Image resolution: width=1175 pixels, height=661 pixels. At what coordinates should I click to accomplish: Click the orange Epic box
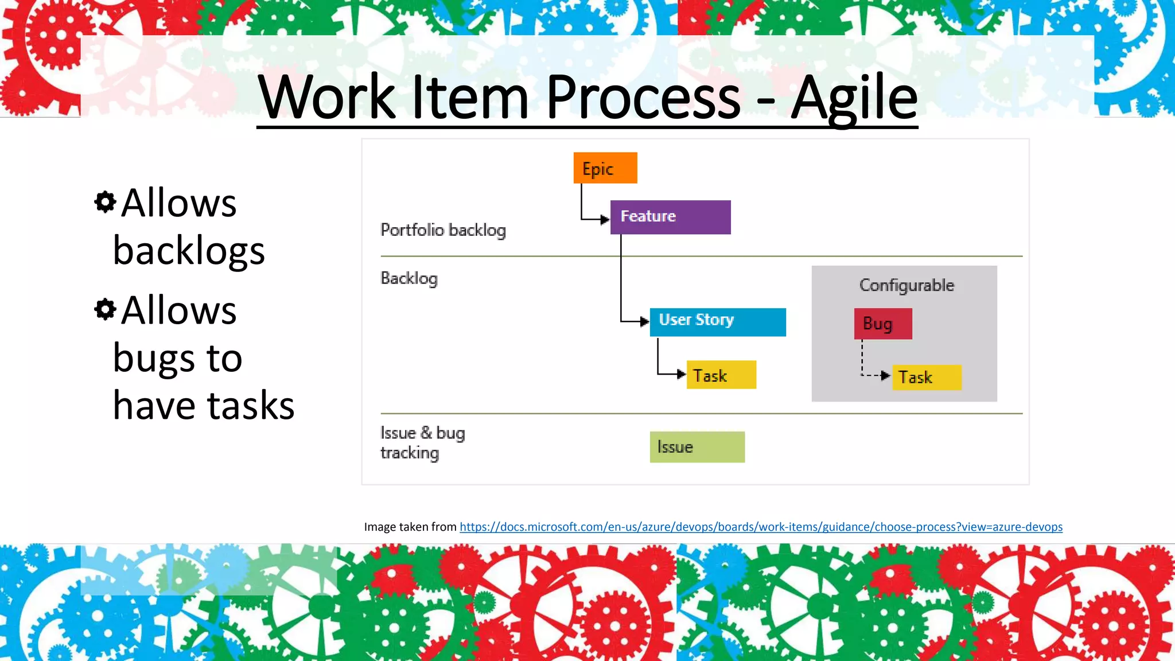point(605,168)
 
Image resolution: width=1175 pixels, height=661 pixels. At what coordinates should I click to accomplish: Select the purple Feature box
point(670,217)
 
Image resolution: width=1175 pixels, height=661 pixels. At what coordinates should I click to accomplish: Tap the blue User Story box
point(717,322)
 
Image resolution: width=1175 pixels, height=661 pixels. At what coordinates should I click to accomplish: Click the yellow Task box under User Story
point(721,375)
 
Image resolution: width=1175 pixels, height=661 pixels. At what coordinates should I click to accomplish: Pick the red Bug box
point(882,324)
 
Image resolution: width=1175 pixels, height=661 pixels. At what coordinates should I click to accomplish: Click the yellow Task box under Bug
point(926,378)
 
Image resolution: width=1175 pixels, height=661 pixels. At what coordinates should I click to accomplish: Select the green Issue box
point(697,447)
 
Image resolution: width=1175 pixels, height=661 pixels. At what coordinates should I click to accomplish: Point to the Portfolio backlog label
point(443,230)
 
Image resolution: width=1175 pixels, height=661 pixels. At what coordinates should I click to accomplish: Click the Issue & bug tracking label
point(422,442)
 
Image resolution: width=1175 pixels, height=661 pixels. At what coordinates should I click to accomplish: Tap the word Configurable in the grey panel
point(906,285)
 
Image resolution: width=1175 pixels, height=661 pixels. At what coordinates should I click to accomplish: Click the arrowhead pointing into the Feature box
point(604,219)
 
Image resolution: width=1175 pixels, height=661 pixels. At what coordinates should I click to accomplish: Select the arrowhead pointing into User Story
point(644,321)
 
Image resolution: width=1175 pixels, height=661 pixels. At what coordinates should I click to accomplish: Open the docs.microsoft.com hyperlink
point(761,527)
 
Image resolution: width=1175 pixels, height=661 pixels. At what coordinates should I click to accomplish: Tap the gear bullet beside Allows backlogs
point(105,202)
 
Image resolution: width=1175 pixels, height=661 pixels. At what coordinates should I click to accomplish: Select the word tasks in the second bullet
point(250,405)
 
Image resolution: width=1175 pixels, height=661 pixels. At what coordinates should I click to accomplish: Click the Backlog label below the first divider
point(409,278)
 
